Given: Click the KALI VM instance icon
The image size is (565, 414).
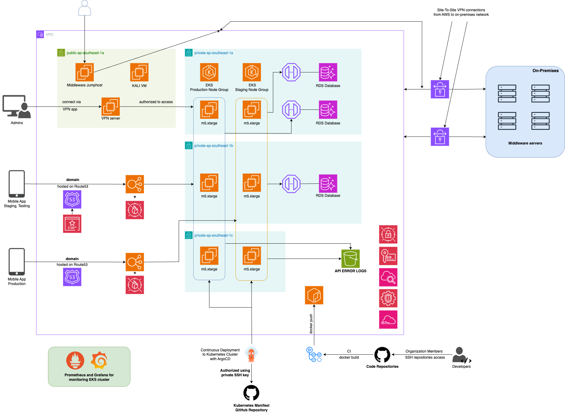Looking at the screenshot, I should click(x=139, y=72).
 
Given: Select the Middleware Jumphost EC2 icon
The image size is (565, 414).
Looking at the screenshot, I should click(x=84, y=72).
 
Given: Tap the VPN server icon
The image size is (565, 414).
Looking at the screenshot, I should click(x=110, y=106).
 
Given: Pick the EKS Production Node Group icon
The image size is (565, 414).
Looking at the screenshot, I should click(x=209, y=72).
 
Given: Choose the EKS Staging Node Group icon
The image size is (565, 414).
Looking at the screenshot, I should click(x=252, y=72).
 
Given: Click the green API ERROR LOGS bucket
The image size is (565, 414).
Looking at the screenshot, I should click(x=350, y=259).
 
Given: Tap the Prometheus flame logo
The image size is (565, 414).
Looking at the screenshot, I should click(x=75, y=360).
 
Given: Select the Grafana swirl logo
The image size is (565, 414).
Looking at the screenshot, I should click(x=99, y=360).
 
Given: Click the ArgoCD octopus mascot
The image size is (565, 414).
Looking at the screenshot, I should click(x=251, y=355).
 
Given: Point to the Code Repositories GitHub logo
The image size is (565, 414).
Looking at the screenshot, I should click(x=382, y=355).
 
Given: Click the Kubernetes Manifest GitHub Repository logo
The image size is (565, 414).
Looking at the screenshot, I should click(x=251, y=393).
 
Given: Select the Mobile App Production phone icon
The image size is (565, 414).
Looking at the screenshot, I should click(x=17, y=262).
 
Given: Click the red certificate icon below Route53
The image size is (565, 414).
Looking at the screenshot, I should click(x=72, y=224).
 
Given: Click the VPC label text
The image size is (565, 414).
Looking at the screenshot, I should click(x=50, y=35).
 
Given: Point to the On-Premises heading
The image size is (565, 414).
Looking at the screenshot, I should click(x=545, y=71).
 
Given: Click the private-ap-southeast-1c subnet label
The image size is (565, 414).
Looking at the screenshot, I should click(x=213, y=235).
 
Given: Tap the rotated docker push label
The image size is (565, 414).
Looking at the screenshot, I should click(x=311, y=324).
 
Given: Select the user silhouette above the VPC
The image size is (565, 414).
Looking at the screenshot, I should click(x=84, y=8).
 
